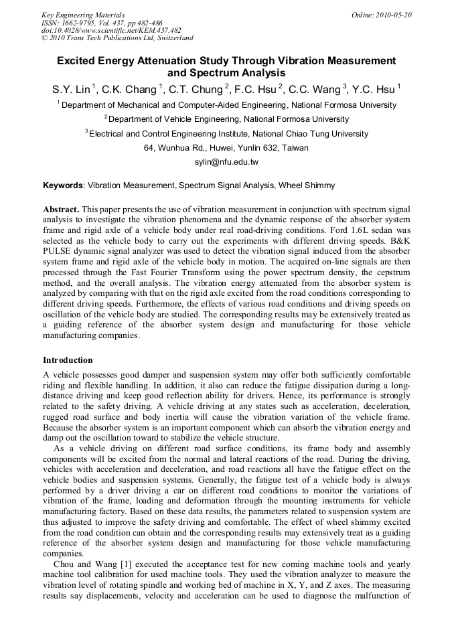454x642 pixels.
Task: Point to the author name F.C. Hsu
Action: pyautogui.click(x=258, y=88)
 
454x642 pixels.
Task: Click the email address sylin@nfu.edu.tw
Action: pyautogui.click(x=226, y=162)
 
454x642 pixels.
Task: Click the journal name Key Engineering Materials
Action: pyautogui.click(x=82, y=15)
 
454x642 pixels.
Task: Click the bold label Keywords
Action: pyautogui.click(x=63, y=185)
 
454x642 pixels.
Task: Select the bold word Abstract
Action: pyautogui.click(x=61, y=210)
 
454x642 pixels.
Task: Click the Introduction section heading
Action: pyautogui.click(x=68, y=360)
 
